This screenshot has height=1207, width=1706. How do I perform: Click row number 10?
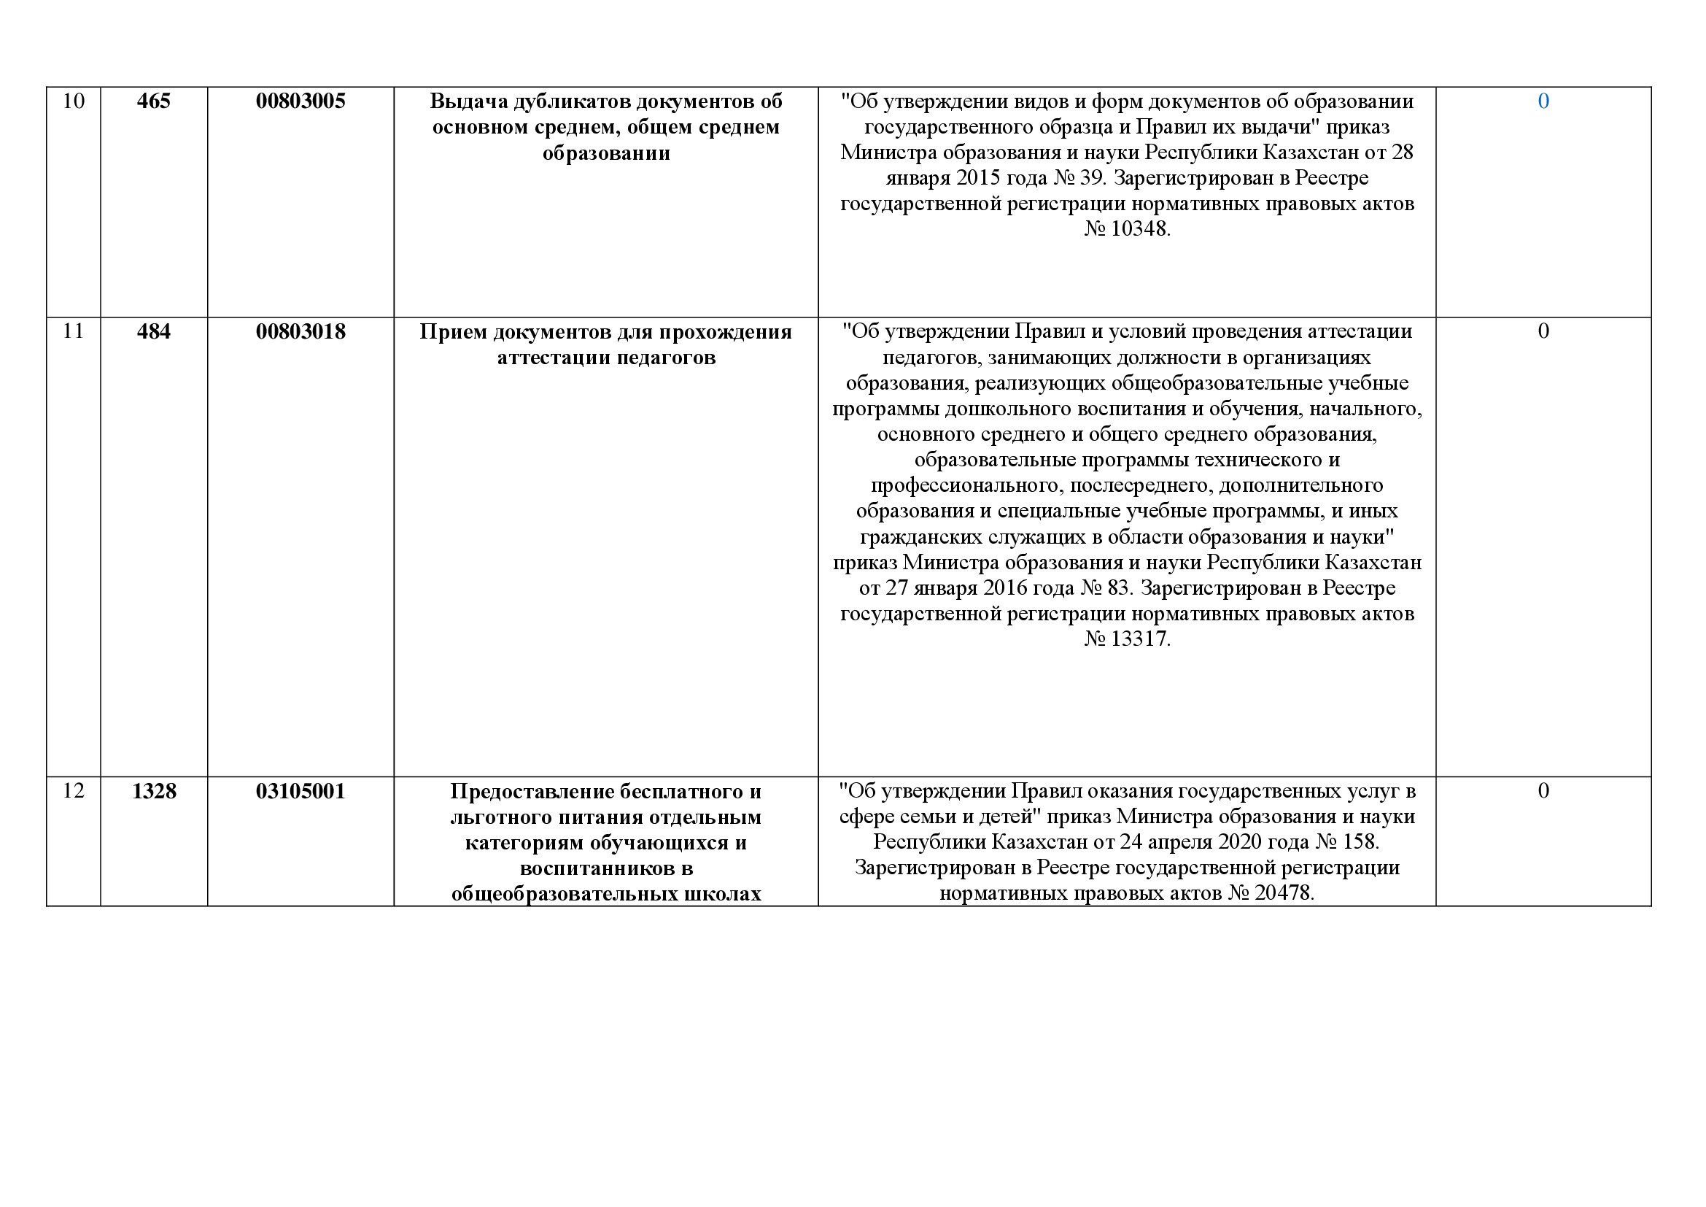[74, 101]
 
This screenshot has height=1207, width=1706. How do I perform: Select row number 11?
[74, 331]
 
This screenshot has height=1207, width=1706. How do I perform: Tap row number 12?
[74, 791]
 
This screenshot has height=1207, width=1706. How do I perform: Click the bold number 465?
[154, 101]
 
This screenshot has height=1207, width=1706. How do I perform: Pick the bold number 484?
[154, 331]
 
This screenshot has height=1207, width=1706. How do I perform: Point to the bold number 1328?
[154, 792]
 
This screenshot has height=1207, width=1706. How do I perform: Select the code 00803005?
[301, 101]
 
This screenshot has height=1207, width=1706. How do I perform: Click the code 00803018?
[301, 331]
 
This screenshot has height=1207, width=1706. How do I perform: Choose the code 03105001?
[301, 792]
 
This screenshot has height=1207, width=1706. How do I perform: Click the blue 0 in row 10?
[1543, 101]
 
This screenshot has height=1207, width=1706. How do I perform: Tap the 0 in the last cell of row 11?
[1543, 331]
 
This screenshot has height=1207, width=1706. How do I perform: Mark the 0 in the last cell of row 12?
[1543, 791]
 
